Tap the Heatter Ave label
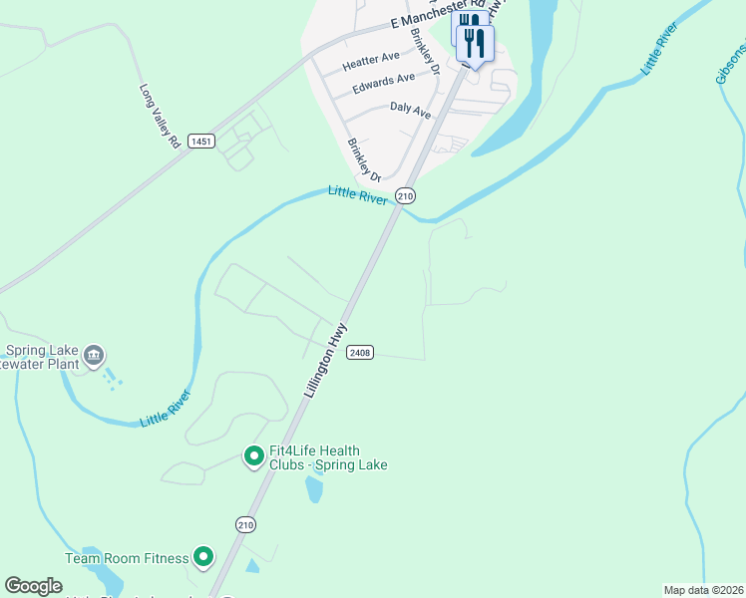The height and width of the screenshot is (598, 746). pos(370,62)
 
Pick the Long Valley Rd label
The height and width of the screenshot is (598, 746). pos(159,117)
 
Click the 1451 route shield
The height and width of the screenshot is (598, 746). pos(200,142)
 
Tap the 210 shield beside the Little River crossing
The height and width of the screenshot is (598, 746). pos(405,196)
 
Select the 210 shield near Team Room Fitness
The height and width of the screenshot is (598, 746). pos(246,524)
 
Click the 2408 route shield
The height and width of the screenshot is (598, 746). pos(360,353)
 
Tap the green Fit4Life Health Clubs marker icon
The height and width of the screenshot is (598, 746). pos(253,457)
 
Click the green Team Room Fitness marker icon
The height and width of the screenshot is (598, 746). pos(203,557)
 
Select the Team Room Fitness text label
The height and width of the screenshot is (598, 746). pos(127,558)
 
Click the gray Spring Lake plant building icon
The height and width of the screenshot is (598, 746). pos(94,354)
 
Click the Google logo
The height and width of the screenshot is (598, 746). pos(33,586)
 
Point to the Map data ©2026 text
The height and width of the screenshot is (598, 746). pos(703,590)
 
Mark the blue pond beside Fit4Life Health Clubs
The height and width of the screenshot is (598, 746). pos(315,488)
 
